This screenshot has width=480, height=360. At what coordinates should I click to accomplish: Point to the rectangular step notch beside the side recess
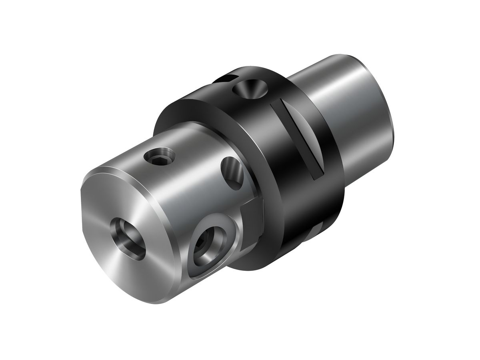252,208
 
